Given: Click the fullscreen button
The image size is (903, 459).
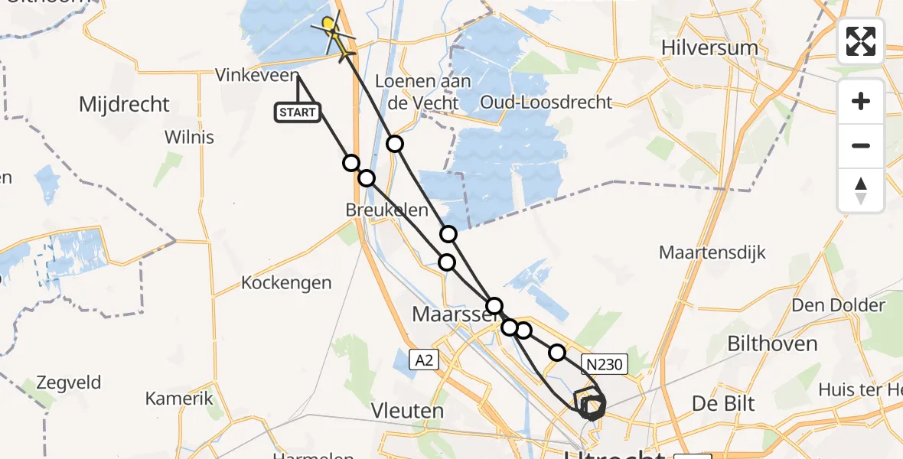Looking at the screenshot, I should pos(861,41).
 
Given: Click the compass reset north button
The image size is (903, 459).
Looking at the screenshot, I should pos(861,190).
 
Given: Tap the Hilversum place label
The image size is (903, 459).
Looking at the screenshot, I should pos(711,48).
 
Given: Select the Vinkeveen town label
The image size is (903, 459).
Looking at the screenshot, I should pos(255,76).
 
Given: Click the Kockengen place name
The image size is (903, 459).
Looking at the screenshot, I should pos(286,283).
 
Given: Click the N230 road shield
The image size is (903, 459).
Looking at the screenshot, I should pos(605,365).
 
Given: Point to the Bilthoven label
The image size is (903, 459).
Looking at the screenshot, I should pos(772,344).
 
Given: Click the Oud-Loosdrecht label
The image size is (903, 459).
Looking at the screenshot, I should pos(546,102).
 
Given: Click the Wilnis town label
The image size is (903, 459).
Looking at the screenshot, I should pos(189,138).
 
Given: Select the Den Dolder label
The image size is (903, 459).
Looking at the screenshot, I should pos(838,306).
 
